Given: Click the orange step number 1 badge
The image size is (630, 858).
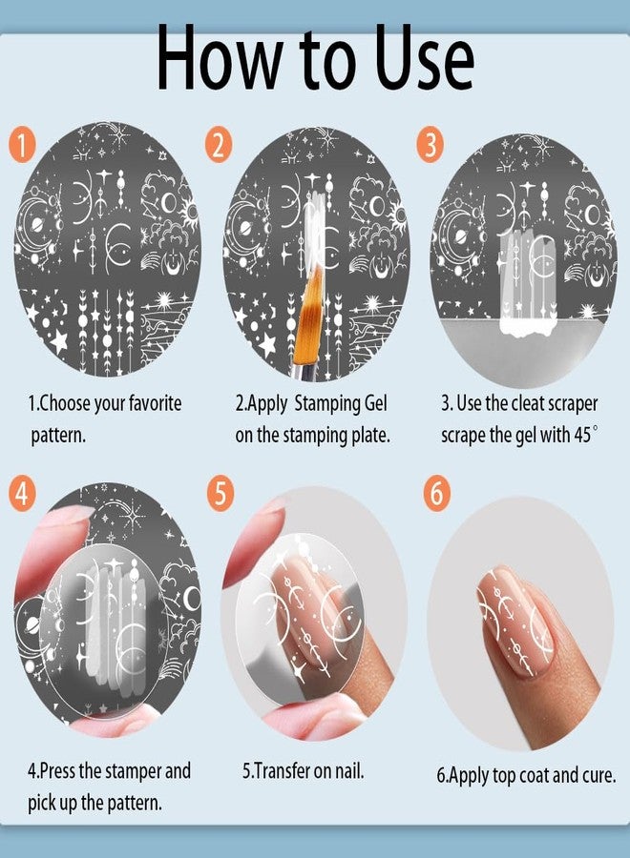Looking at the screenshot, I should tap(23, 147).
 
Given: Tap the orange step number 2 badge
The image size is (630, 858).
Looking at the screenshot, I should tap(220, 147).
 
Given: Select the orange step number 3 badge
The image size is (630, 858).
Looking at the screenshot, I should tap(430, 147).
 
